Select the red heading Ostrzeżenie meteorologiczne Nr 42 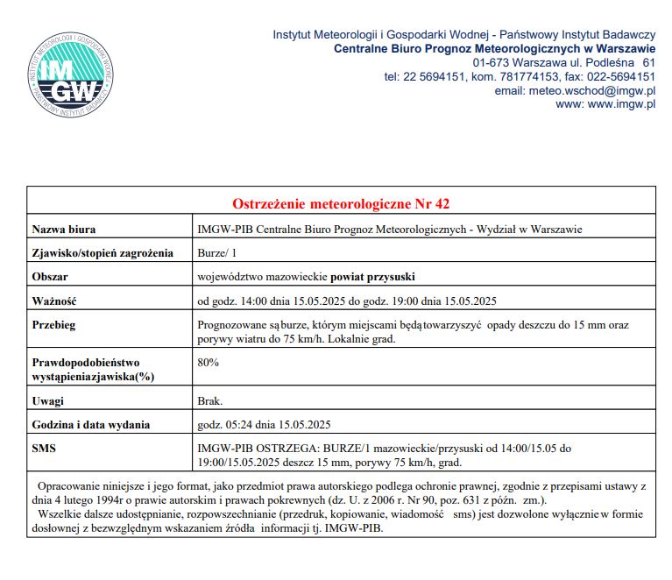(341, 203)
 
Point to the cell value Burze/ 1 (217, 253)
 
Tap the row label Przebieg (54, 324)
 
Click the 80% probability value (209, 362)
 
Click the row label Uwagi (48, 401)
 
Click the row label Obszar (50, 277)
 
